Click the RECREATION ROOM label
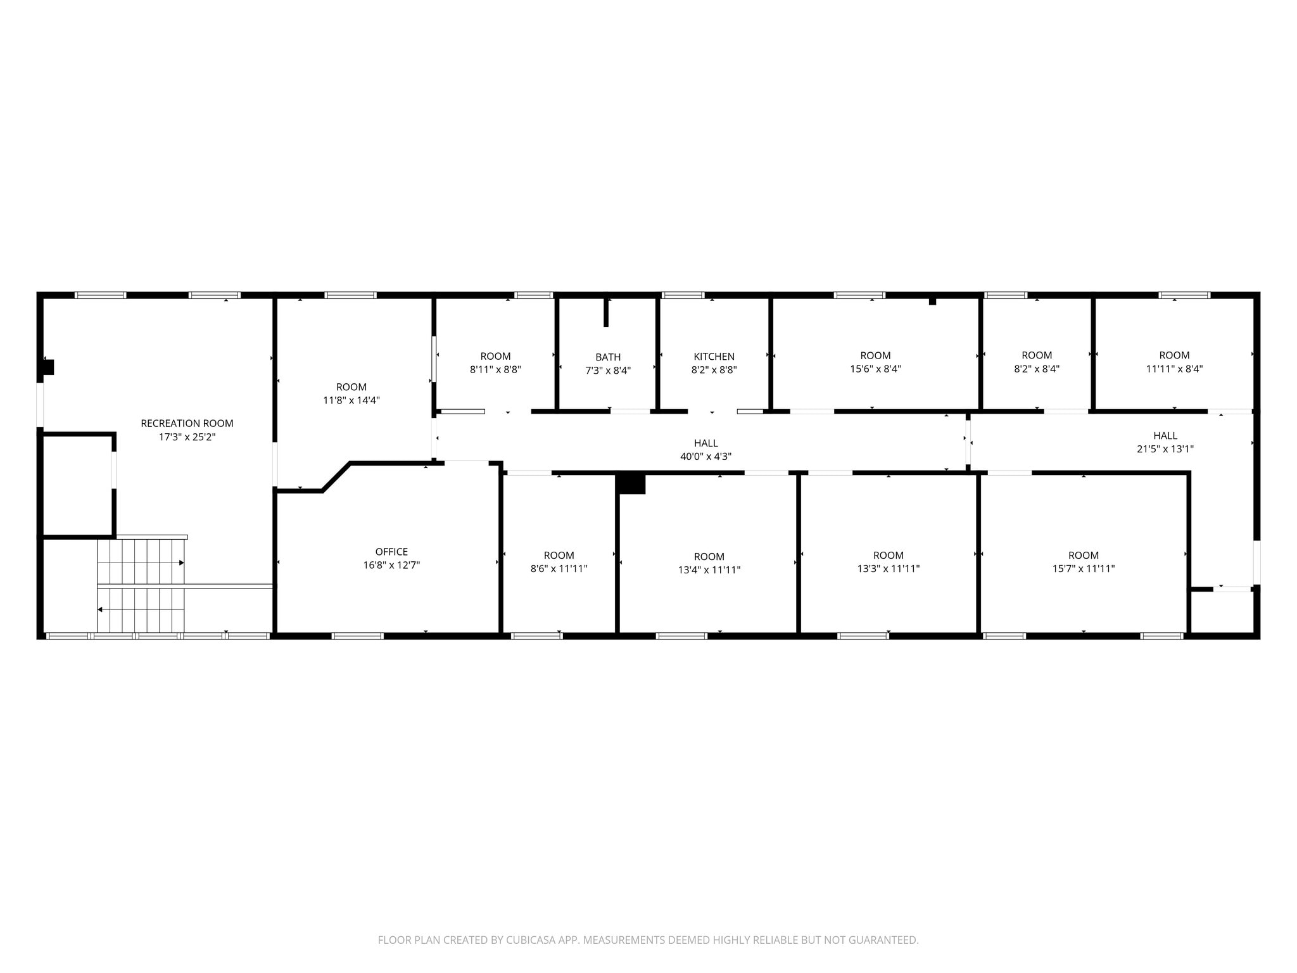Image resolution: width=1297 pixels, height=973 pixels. tap(187, 423)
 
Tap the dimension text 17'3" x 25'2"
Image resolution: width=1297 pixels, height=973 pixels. tap(187, 437)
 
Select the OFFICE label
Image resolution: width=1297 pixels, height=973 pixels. tap(391, 552)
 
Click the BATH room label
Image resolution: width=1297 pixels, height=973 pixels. tap(608, 357)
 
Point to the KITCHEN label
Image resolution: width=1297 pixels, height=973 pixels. tap(714, 357)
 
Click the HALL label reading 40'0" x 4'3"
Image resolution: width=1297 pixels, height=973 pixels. tap(705, 443)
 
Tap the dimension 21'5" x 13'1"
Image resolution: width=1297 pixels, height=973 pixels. tap(1165, 449)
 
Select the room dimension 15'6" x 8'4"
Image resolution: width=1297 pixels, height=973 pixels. tap(875, 369)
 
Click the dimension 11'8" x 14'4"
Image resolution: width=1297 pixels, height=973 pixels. tap(351, 400)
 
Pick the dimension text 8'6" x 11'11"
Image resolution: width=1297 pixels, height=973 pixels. tap(559, 569)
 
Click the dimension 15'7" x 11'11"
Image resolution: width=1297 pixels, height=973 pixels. tap(1083, 569)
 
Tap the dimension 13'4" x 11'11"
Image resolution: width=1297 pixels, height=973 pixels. tap(709, 570)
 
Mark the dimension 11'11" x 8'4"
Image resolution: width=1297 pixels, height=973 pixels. tap(1174, 369)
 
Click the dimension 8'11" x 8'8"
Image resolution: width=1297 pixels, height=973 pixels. tap(495, 369)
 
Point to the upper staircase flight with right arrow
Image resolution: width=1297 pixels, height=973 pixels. tap(141, 562)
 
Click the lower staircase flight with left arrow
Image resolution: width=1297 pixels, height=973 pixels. tap(141, 610)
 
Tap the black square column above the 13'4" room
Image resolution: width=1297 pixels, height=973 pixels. tap(631, 484)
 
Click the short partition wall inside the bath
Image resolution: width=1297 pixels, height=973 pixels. tap(606, 312)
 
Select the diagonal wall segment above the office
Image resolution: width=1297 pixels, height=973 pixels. tap(336, 476)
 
